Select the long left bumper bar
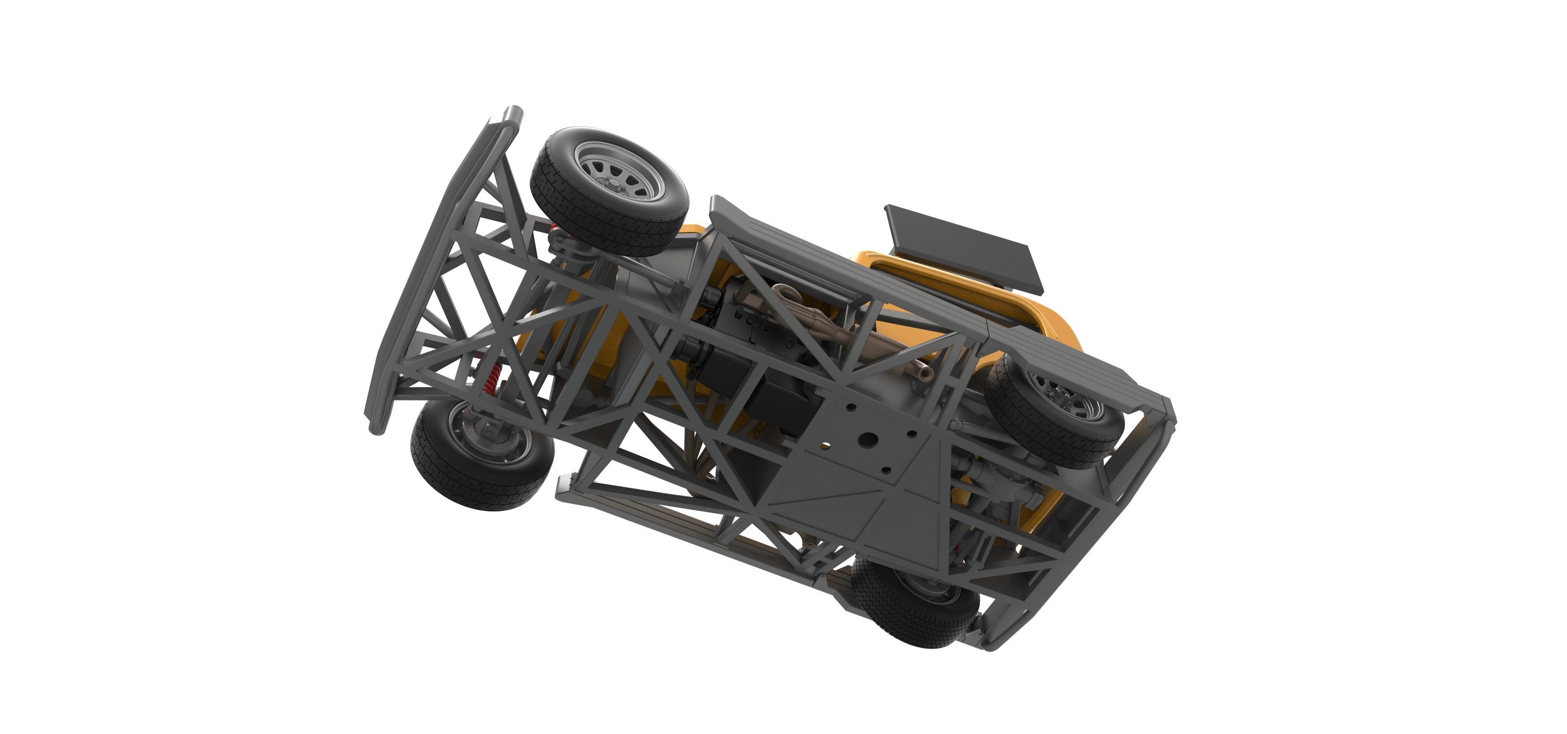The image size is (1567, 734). (x=426, y=267)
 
